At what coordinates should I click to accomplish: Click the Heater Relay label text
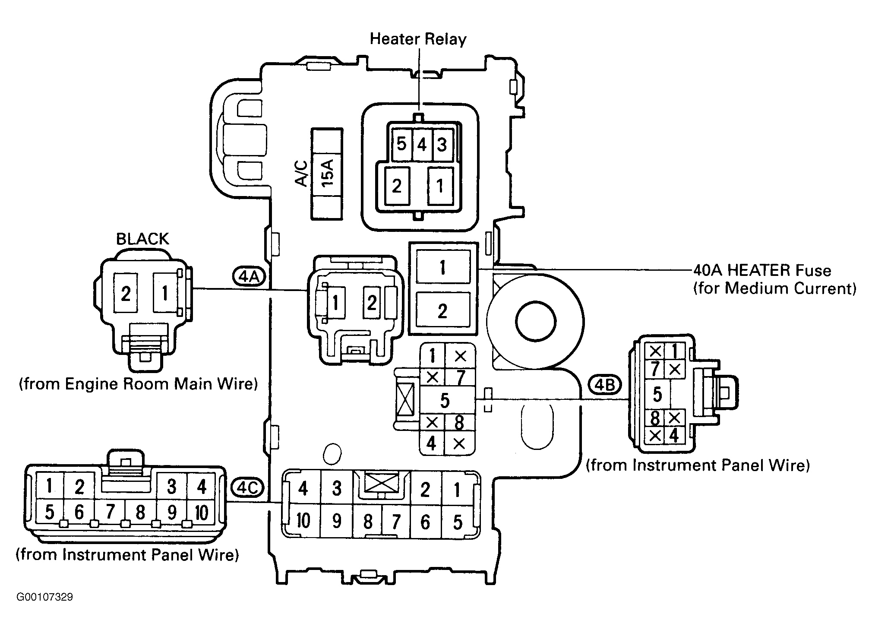point(418,39)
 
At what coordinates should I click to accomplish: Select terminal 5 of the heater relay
point(401,144)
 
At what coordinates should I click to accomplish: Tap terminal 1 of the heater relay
point(440,186)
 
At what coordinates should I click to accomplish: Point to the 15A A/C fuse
point(327,174)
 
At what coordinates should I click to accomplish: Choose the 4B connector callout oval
point(604,385)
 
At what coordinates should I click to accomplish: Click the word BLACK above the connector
point(142,239)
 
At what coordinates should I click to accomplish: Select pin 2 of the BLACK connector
point(125,294)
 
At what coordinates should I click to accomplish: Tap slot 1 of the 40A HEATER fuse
point(442,267)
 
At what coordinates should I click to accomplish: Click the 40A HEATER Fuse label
point(762,270)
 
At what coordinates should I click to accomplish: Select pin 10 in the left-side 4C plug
point(202,513)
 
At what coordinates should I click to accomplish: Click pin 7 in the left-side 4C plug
point(110,512)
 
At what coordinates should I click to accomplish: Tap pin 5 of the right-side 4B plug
point(657,394)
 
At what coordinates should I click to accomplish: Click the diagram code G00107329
point(44,597)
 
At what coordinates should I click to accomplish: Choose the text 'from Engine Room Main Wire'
point(138,383)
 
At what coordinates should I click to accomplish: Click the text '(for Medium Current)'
point(775,288)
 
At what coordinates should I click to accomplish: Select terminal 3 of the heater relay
point(442,144)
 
